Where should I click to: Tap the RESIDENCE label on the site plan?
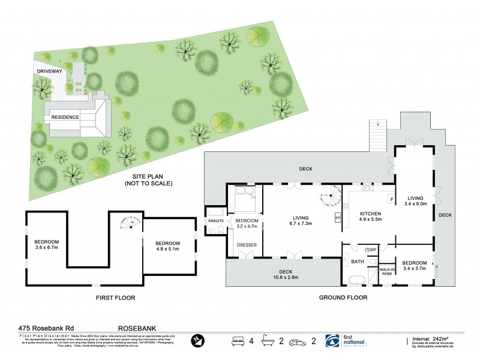[65, 117]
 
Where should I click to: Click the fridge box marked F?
[391, 199]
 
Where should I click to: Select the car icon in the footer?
[298, 341]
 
